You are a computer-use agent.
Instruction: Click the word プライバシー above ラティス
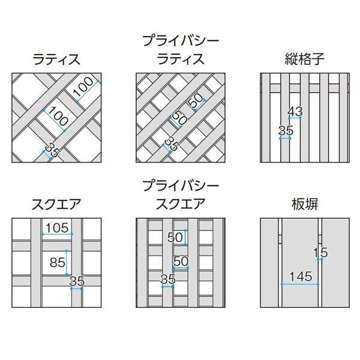(x=181, y=41)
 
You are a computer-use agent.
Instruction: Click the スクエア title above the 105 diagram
(x=56, y=204)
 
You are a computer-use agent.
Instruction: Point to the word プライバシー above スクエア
(x=181, y=185)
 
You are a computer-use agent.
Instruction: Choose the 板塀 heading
(x=305, y=204)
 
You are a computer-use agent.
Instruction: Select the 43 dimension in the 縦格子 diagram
(x=295, y=112)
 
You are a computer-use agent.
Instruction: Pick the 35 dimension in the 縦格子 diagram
(x=285, y=130)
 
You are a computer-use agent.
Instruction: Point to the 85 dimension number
(x=58, y=262)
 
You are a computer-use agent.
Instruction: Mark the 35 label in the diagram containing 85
(x=77, y=281)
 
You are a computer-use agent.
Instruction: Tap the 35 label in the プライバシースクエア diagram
(x=168, y=279)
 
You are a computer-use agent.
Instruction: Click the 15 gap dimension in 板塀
(x=323, y=251)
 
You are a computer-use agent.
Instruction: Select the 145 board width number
(x=301, y=277)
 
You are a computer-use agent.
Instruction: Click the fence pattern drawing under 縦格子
(x=305, y=118)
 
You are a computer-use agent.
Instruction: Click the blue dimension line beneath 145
(x=301, y=283)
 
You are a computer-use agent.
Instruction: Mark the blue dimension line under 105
(x=57, y=233)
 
